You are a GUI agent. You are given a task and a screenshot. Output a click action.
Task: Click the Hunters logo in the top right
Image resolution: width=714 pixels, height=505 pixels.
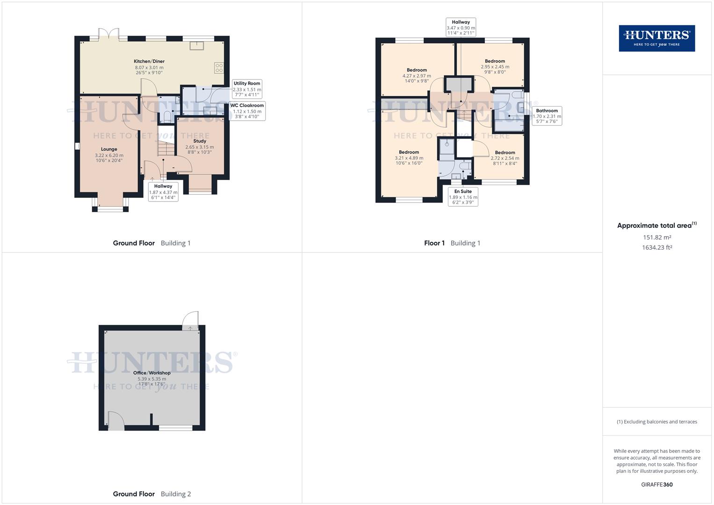pos(656,38)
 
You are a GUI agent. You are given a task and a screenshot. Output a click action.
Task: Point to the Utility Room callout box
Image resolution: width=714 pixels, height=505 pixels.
pos(247,89)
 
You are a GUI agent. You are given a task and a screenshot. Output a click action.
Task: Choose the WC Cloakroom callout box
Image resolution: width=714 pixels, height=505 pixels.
pos(247,111)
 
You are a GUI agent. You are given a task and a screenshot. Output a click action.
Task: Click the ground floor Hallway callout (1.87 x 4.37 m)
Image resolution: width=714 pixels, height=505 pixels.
pos(163,192)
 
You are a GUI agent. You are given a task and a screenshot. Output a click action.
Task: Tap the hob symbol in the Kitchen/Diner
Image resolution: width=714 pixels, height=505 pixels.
pos(219,67)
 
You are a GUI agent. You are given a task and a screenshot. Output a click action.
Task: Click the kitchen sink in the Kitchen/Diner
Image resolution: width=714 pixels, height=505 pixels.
pos(196,45)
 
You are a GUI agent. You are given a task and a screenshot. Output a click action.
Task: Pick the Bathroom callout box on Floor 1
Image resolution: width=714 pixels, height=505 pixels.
pos(547,116)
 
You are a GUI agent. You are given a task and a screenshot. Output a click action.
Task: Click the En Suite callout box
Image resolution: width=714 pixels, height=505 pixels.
pos(463,197)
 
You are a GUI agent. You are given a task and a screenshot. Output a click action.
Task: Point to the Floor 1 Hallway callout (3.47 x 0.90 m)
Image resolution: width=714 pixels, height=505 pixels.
pos(461,28)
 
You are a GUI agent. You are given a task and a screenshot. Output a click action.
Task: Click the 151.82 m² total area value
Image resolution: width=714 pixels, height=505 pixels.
pos(657,238)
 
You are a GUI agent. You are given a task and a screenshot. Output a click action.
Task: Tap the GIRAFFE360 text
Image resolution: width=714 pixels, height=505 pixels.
pos(656,484)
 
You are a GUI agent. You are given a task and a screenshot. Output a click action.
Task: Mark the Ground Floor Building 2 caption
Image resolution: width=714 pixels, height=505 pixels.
pos(152,494)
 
